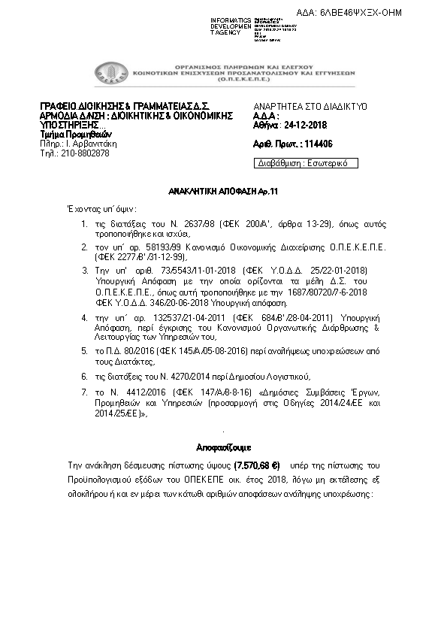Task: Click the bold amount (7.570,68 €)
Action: [x=257, y=466]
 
